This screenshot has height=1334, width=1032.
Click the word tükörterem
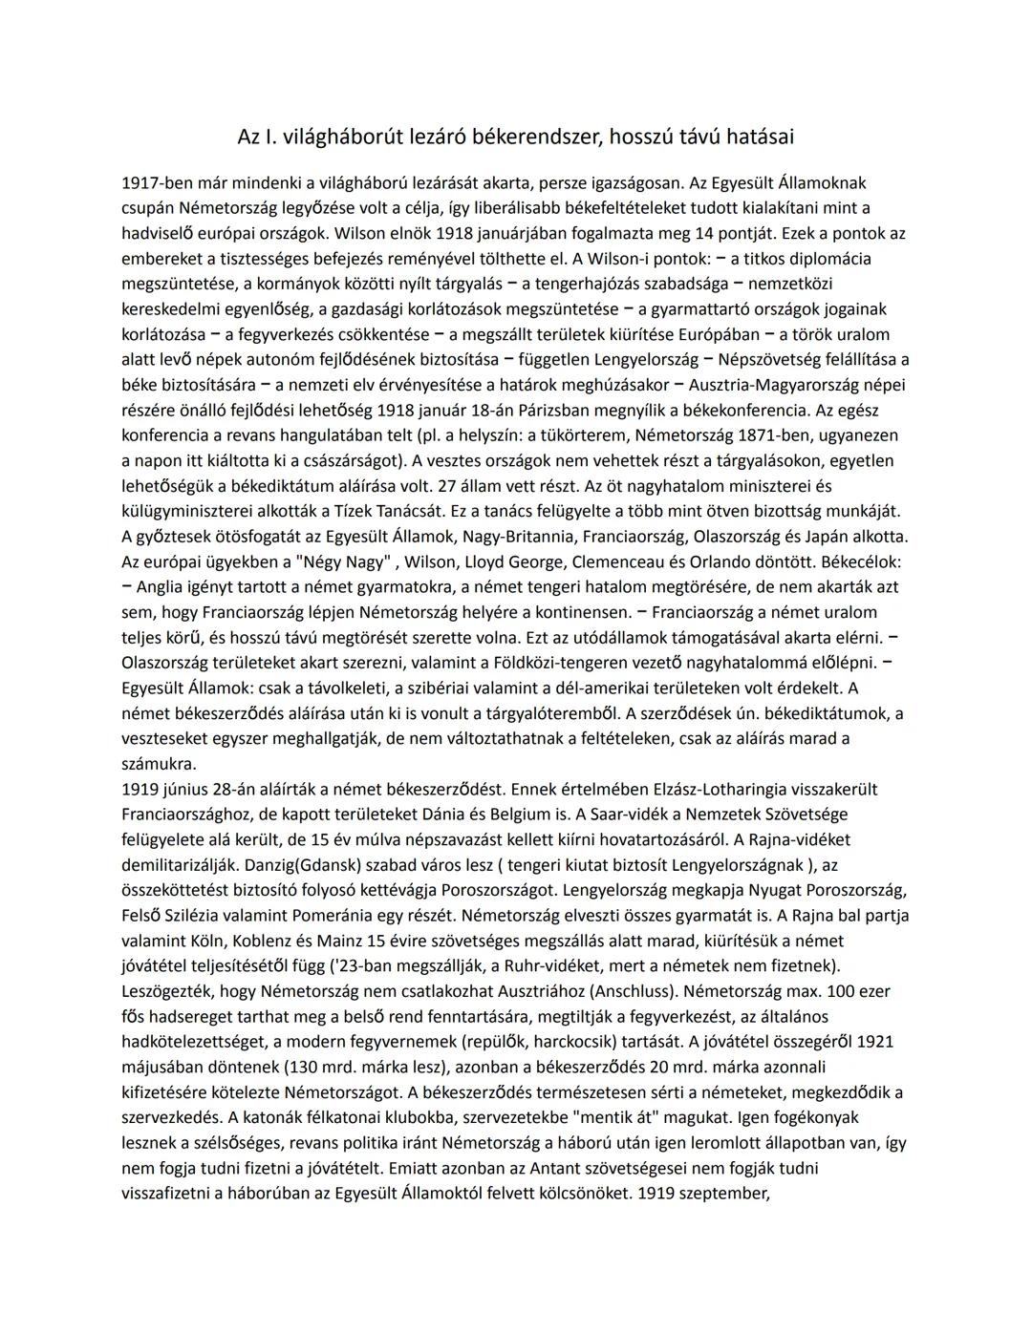pyautogui.click(x=611, y=435)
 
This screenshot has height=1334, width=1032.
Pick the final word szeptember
pyautogui.click(x=720, y=1193)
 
